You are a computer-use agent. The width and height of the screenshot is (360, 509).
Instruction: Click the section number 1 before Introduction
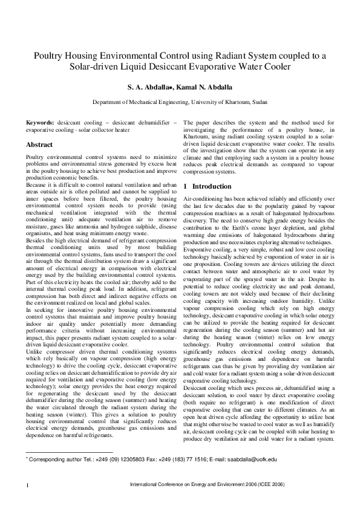tap(185, 186)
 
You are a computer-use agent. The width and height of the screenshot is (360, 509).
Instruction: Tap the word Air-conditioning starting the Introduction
tap(202, 199)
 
